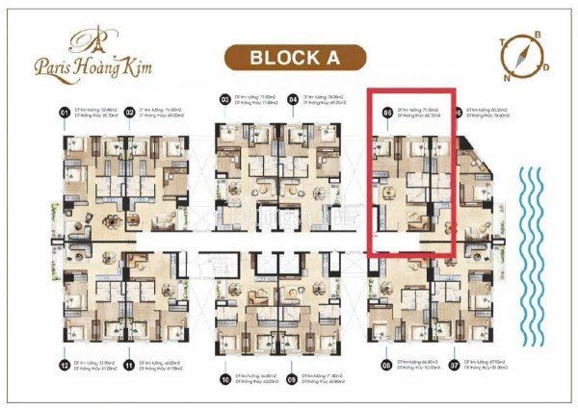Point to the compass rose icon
(x=520, y=54)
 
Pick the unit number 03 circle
(x=224, y=99)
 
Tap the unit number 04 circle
(x=293, y=99)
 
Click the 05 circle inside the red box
(x=387, y=114)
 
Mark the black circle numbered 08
(x=387, y=365)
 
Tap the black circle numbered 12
(x=66, y=365)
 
